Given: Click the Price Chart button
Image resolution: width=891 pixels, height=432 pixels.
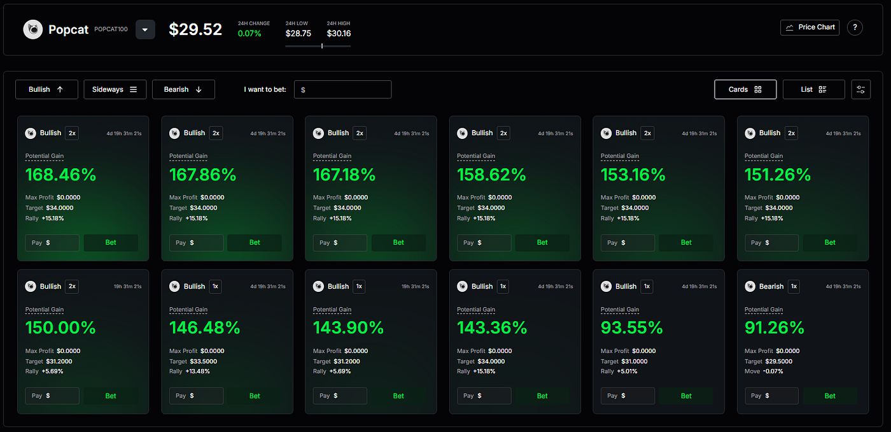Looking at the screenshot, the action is tap(810, 27).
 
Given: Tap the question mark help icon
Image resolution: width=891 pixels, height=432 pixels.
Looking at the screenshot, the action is tap(855, 27).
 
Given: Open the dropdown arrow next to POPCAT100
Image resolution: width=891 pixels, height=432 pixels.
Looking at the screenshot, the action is tap(145, 29).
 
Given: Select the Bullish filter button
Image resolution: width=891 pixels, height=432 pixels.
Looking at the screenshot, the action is tap(46, 90).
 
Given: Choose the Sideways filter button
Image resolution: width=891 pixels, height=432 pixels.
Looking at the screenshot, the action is tap(115, 90).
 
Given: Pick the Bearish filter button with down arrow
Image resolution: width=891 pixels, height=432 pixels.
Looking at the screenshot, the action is tap(183, 90).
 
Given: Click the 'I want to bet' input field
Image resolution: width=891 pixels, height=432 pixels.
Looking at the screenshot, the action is tap(342, 90).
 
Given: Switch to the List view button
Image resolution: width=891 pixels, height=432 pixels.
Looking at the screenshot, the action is tap(813, 90).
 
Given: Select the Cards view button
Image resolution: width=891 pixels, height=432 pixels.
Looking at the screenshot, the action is tap(745, 90).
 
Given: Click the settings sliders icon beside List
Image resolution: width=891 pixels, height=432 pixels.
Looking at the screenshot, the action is tap(860, 90).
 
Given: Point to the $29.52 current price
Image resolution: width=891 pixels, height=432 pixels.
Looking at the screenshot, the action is tap(195, 29).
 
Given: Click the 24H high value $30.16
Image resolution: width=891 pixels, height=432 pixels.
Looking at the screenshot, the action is tap(339, 33).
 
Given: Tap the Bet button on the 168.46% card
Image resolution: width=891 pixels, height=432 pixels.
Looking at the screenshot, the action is tap(111, 243).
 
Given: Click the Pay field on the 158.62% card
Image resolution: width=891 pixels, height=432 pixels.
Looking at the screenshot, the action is tap(484, 243).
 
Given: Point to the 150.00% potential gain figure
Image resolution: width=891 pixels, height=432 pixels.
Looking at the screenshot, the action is tap(60, 328).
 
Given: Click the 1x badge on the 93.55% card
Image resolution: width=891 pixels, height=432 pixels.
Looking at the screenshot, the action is tap(647, 286).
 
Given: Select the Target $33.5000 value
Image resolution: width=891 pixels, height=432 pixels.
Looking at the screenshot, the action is tap(203, 361).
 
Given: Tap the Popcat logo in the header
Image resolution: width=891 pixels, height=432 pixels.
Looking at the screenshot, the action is tap(33, 29).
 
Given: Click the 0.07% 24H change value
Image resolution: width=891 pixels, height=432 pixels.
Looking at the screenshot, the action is tap(249, 34).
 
